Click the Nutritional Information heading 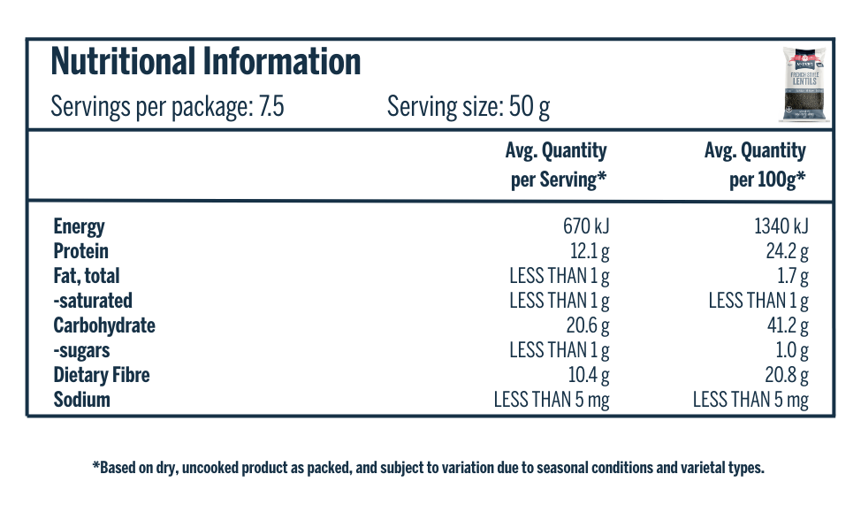pyautogui.click(x=206, y=63)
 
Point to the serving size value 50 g pyautogui.click(x=530, y=108)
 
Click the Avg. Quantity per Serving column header pyautogui.click(x=557, y=165)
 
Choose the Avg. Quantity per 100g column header pyautogui.click(x=756, y=165)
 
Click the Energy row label pyautogui.click(x=79, y=226)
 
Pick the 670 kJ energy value pyautogui.click(x=580, y=226)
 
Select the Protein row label pyautogui.click(x=81, y=251)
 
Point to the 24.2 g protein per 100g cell pyautogui.click(x=787, y=251)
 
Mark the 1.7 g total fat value pyautogui.click(x=793, y=276)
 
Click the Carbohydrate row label pyautogui.click(x=104, y=325)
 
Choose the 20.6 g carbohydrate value pyautogui.click(x=587, y=325)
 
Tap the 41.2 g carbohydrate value pyautogui.click(x=788, y=325)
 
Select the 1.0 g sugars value pyautogui.click(x=792, y=350)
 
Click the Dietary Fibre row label pyautogui.click(x=102, y=375)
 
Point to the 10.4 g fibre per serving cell pyautogui.click(x=587, y=375)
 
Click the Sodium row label pyautogui.click(x=82, y=400)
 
